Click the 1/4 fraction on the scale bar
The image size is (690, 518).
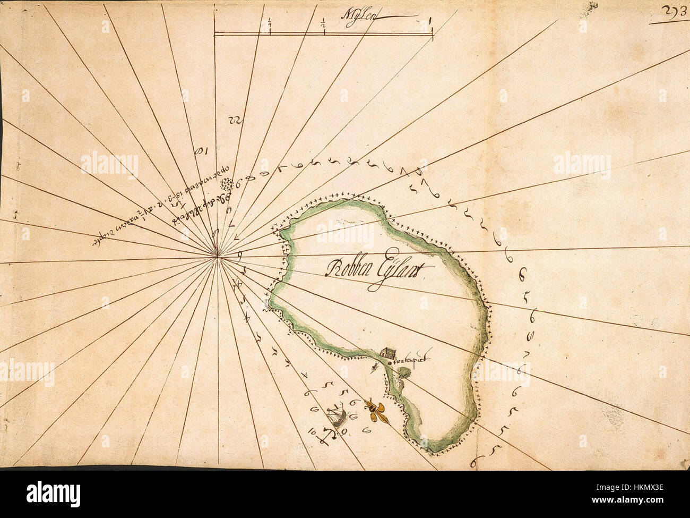[270, 24]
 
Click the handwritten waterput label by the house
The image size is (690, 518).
[410, 361]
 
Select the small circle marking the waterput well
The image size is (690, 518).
[390, 361]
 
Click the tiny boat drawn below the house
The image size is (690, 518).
[375, 367]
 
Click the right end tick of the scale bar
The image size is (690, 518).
[432, 33]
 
